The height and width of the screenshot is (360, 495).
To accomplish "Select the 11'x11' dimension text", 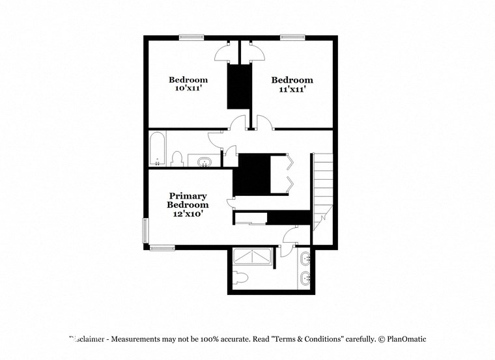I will click(288, 89).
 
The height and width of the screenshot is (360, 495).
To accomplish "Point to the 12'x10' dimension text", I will click(188, 213).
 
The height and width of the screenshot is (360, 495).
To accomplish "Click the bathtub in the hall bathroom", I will click(157, 149).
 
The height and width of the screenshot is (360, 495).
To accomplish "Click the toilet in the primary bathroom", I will click(240, 278).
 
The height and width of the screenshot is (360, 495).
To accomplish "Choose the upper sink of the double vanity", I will click(306, 260).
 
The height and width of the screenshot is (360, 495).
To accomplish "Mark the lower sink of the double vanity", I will click(306, 279).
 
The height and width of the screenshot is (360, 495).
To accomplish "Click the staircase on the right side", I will click(323, 189).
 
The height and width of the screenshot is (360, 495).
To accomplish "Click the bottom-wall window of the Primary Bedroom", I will click(162, 247).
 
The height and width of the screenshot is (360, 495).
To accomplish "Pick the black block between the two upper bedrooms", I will click(238, 87).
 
